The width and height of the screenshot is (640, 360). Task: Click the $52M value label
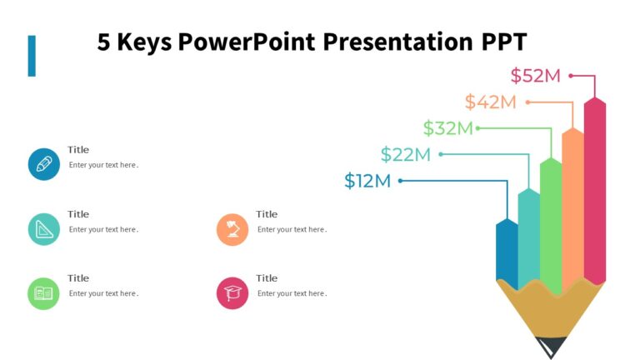click(535, 76)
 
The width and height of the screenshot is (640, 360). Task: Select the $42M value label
click(490, 102)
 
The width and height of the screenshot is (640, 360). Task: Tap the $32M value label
click(447, 128)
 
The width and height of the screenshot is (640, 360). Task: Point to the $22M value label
click(405, 154)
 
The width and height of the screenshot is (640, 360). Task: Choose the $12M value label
click(367, 181)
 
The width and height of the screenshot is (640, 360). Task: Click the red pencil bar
click(594, 192)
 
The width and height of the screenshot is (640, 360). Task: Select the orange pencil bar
click(572, 208)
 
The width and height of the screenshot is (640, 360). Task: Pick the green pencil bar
click(551, 221)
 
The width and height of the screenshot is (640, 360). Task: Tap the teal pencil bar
click(529, 237)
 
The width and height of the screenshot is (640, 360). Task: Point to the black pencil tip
click(552, 346)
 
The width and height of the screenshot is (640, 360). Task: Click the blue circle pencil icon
click(43, 164)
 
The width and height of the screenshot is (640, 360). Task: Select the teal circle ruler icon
click(43, 229)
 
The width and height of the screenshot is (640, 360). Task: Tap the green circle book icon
click(43, 293)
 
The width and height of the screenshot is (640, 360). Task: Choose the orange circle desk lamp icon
click(232, 229)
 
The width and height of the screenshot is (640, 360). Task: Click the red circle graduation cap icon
click(232, 293)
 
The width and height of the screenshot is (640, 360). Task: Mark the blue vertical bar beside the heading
click(32, 56)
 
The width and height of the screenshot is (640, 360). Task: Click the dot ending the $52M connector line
click(571, 76)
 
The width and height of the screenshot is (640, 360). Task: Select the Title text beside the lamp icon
click(267, 214)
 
